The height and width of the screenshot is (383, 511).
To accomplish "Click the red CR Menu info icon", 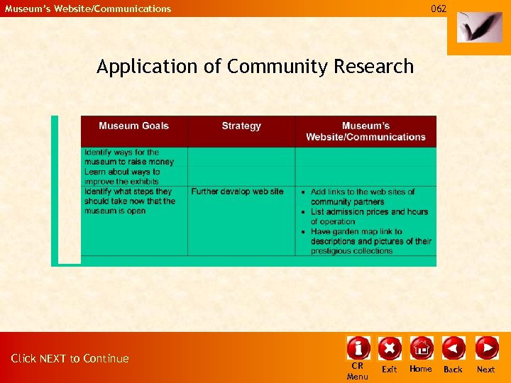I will click(x=358, y=348).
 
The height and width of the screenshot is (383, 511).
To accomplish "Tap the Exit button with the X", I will click(x=390, y=348).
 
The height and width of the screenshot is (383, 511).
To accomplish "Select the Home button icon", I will click(x=421, y=348).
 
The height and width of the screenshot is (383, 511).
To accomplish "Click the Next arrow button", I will click(x=486, y=348).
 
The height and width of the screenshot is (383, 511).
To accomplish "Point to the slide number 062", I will click(x=439, y=9).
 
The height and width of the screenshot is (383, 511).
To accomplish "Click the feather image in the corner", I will click(x=479, y=28).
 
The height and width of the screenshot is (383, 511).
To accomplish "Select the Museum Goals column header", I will click(x=133, y=126).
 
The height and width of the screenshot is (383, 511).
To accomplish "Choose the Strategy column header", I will click(x=241, y=126).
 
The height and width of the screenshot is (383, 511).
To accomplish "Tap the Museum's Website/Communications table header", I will click(x=366, y=131).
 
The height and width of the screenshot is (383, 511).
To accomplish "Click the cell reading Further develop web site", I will click(x=237, y=191).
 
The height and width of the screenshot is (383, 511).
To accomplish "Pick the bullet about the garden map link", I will click(x=370, y=241).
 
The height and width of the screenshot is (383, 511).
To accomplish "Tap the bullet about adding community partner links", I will click(x=366, y=196).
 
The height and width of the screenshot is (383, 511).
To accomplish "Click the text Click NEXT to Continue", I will click(x=70, y=359).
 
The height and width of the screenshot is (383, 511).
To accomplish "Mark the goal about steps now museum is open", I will click(x=129, y=201).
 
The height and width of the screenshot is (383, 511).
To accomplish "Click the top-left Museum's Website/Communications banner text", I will click(x=88, y=9).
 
